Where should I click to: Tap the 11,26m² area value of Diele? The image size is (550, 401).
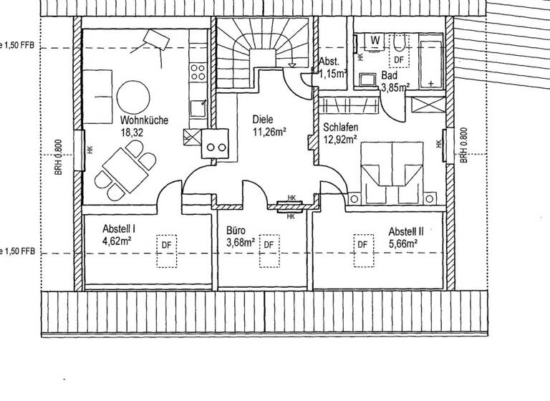269,132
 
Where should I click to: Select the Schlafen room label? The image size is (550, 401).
341,127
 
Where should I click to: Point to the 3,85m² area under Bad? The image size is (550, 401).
395,88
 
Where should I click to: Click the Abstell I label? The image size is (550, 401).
119,228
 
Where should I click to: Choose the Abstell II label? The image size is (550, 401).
407,232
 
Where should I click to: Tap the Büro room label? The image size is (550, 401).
236,231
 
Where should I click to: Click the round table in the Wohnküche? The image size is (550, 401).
134,97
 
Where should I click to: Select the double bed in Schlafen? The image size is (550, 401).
392,174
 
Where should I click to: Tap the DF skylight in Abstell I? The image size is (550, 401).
166,245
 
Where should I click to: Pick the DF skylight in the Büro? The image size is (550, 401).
269,245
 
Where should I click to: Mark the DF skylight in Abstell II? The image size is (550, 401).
363,245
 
